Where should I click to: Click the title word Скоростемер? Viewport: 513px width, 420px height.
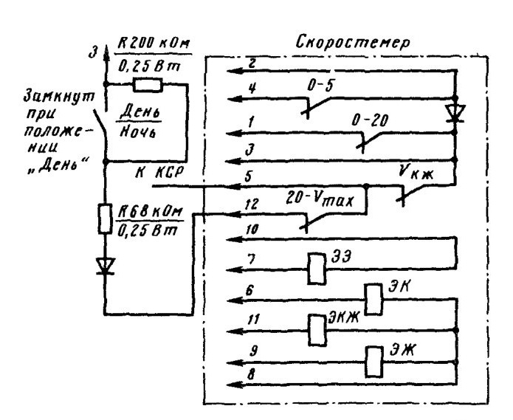point(352,43)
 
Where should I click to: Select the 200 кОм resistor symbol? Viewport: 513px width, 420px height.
point(148,85)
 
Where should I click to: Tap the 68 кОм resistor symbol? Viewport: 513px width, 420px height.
point(105,218)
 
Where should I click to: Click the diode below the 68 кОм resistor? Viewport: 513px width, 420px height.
point(105,266)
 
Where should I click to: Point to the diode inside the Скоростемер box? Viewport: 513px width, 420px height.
point(455,114)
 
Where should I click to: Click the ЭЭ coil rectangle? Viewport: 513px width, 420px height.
point(317,269)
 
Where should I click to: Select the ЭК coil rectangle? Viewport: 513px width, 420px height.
point(373,300)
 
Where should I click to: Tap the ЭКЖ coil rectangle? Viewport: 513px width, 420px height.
point(317,330)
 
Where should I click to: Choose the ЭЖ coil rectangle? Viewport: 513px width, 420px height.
point(373,362)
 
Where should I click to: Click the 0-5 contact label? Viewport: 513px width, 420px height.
point(320,86)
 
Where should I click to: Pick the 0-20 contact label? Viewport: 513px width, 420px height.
point(370,120)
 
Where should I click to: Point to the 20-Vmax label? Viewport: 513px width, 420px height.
point(320,199)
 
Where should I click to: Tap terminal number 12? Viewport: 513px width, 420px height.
point(252,204)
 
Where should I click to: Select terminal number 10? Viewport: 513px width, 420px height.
point(252,230)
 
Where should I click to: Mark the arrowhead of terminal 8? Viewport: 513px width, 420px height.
point(235,384)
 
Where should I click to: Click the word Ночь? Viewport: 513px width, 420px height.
point(137,132)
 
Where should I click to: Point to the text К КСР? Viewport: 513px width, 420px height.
point(159,173)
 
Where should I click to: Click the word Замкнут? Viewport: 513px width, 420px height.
point(59,97)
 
